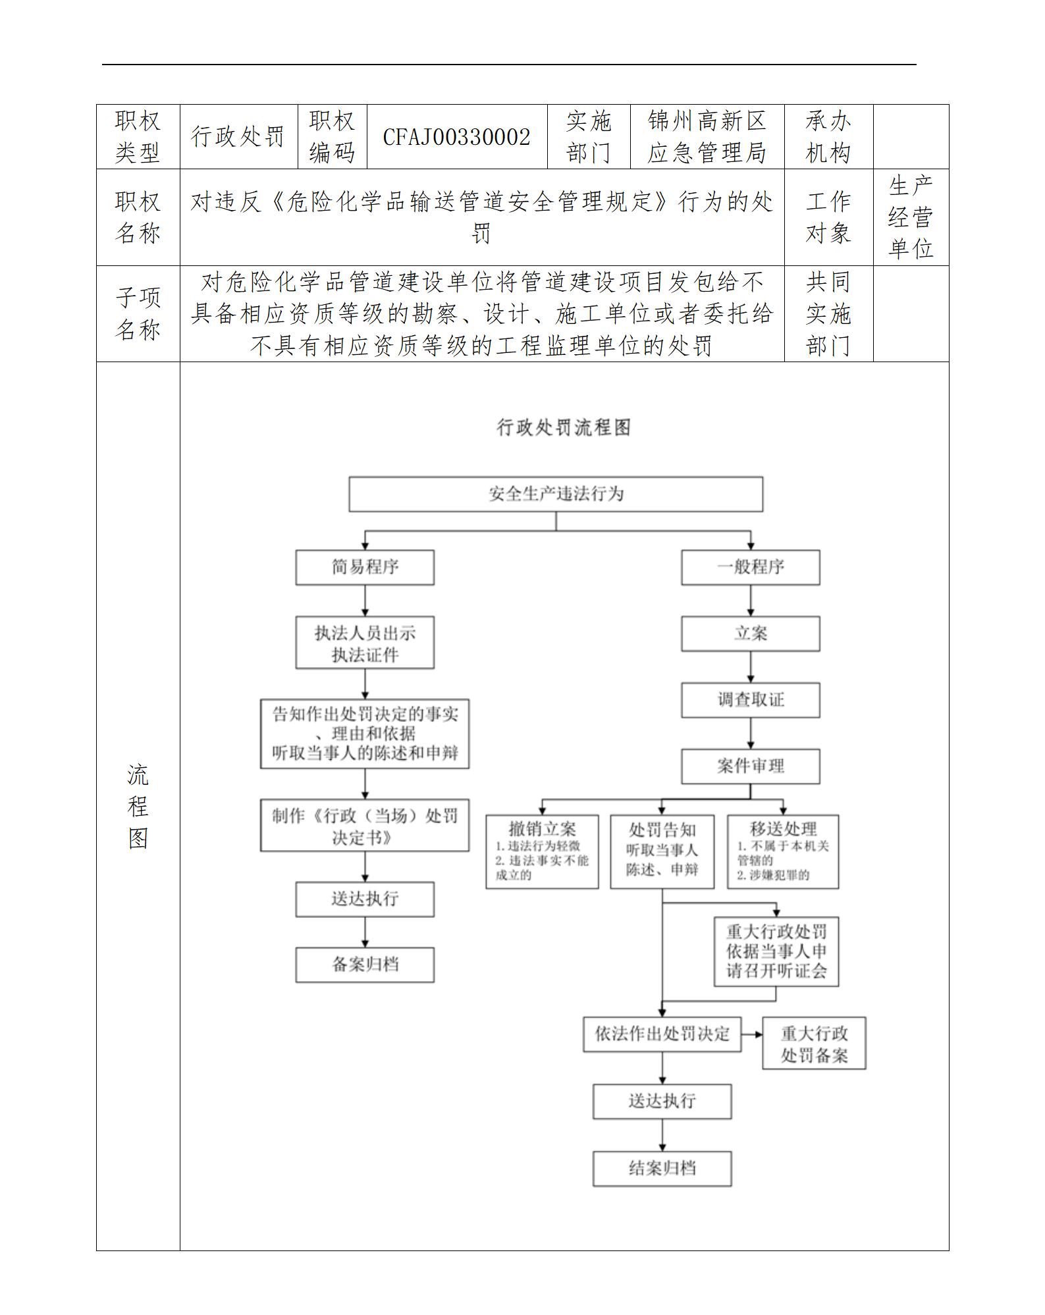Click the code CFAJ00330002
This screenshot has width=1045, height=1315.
(456, 137)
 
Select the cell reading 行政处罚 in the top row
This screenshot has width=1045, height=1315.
(238, 137)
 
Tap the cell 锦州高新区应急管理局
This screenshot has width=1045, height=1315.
(707, 137)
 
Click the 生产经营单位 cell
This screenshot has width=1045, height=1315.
(910, 217)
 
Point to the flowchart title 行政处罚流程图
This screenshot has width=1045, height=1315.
(564, 427)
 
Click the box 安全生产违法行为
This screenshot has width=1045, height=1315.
(556, 494)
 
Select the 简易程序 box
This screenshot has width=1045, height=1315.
(365, 567)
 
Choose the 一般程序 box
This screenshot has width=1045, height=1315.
(750, 567)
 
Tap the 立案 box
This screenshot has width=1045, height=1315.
(750, 633)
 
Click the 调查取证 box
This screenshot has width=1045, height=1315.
(750, 700)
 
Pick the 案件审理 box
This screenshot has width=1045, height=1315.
(750, 766)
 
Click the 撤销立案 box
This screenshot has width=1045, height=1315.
(542, 851)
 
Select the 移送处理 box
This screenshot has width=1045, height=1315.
(782, 851)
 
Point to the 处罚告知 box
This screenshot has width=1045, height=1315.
(662, 851)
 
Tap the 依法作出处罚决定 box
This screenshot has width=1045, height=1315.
(662, 1034)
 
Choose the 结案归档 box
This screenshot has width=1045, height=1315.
(662, 1168)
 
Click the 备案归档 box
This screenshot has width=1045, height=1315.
(365, 965)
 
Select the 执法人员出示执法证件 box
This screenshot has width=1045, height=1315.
(365, 643)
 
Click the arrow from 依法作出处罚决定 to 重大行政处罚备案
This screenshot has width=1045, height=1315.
(752, 1034)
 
